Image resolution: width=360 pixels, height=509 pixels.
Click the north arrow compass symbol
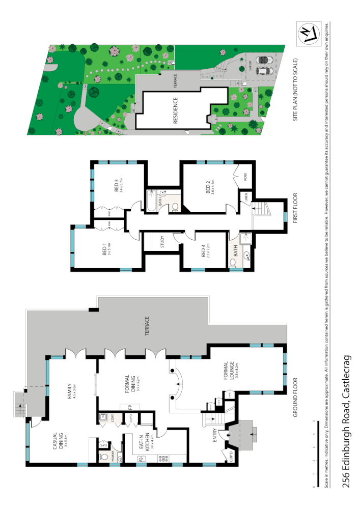pyautogui.click(x=311, y=35)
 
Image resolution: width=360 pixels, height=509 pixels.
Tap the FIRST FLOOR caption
pyautogui.click(x=296, y=209)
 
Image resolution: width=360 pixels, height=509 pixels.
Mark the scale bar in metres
pyautogui.click(x=312, y=456)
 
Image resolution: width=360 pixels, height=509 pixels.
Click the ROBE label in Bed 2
pyautogui.click(x=245, y=178)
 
